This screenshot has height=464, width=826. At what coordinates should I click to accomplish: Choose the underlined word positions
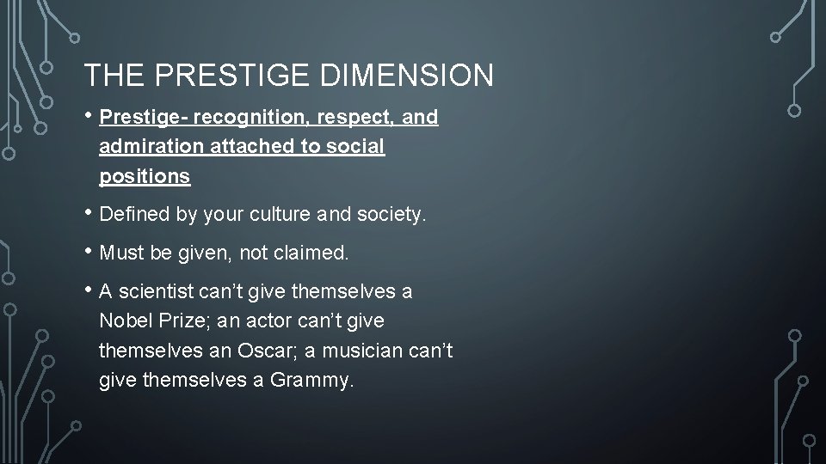click(x=145, y=176)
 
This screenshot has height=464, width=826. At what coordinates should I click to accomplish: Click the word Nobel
click(x=125, y=321)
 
